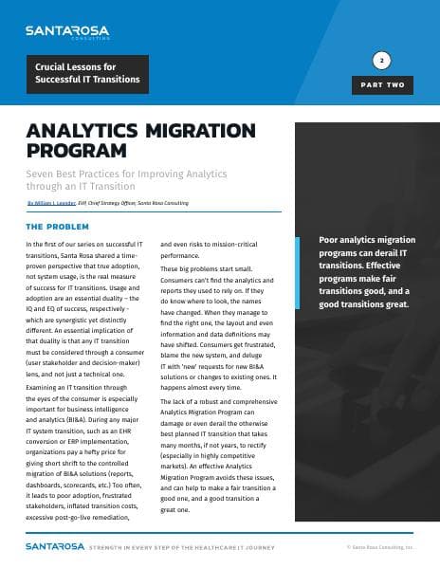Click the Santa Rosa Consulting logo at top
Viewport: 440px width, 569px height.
[x=67, y=32]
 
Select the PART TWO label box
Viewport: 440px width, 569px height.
[x=382, y=85]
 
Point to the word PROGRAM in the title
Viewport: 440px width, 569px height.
[x=77, y=149]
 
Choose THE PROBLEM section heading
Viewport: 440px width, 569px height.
[x=57, y=228]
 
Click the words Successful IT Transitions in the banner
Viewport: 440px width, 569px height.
[x=87, y=81]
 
